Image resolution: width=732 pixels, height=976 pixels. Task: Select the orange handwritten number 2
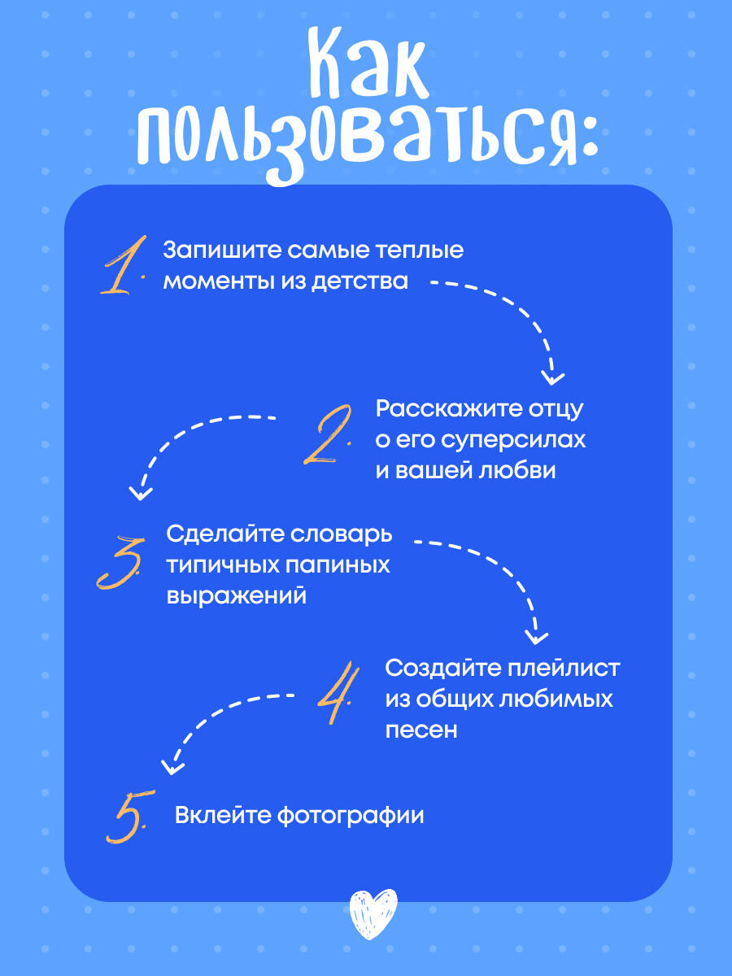(328, 434)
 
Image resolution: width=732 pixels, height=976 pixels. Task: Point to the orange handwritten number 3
(121, 563)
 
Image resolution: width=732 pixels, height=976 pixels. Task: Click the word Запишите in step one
(222, 251)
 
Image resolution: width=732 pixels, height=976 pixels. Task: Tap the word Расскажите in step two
(449, 408)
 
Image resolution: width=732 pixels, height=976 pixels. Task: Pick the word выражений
(237, 596)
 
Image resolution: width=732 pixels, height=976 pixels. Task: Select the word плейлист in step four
(564, 669)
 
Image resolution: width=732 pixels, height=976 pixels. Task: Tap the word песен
(420, 730)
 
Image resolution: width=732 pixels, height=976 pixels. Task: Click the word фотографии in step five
(351, 816)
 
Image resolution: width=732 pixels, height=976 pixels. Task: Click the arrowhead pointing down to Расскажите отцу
(552, 377)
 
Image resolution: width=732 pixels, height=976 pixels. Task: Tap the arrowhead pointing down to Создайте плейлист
(536, 637)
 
